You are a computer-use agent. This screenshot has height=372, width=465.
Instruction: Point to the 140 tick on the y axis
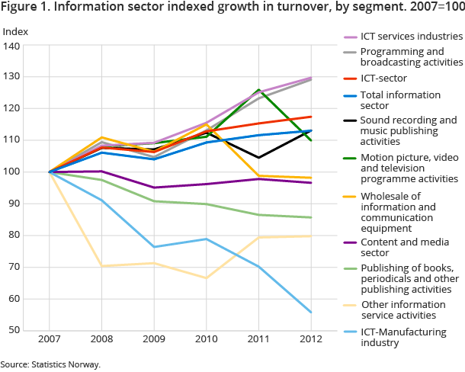coord(14,46)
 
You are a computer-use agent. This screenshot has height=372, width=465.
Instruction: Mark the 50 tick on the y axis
coord(16,331)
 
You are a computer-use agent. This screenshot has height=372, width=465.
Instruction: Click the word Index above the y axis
coord(15,31)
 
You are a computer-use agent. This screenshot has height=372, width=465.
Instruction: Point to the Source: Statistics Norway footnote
coord(50,364)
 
